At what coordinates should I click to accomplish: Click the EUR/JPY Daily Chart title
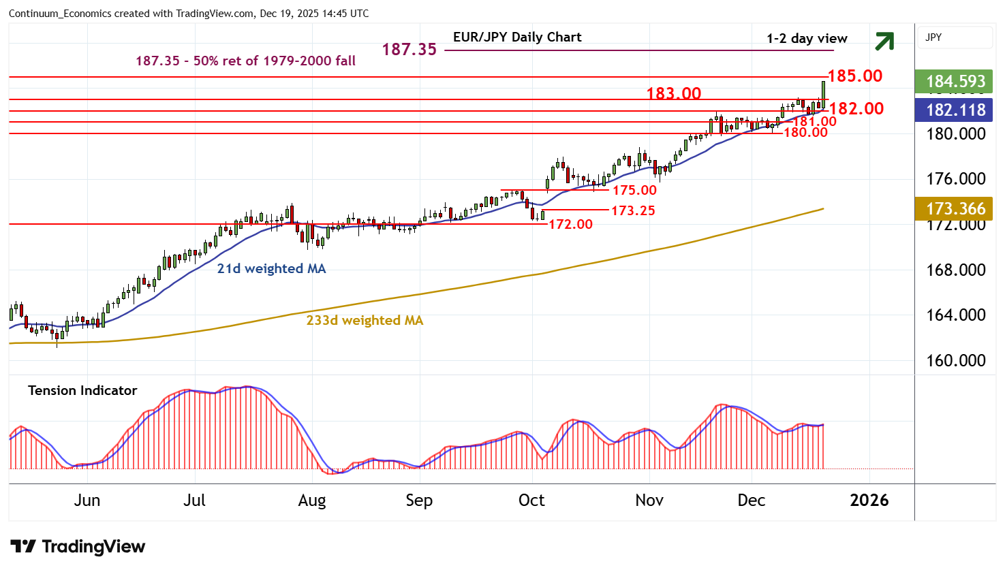click(x=517, y=37)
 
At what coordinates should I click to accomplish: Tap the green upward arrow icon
click(x=884, y=42)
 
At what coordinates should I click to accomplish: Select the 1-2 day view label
click(x=807, y=39)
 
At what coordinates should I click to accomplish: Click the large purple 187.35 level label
click(x=409, y=49)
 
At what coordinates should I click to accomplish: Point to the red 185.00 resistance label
click(x=855, y=76)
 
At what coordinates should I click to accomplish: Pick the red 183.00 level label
click(x=673, y=93)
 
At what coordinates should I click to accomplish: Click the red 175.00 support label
click(x=634, y=190)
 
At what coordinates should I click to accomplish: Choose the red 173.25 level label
click(x=633, y=210)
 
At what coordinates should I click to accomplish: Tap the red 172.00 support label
click(x=570, y=224)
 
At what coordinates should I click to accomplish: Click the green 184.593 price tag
click(x=955, y=82)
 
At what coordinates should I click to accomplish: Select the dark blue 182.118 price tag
click(x=955, y=110)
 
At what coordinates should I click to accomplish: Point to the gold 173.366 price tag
click(x=955, y=208)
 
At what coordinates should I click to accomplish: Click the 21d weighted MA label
click(x=271, y=268)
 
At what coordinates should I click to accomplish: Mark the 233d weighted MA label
click(x=365, y=320)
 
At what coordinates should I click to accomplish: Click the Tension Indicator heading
click(x=82, y=390)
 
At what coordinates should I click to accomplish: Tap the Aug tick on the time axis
click(x=312, y=500)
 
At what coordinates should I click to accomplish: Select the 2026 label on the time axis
click(x=869, y=500)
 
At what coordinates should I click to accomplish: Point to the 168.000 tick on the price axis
click(x=955, y=270)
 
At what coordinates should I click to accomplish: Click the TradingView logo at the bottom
click(x=78, y=546)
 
